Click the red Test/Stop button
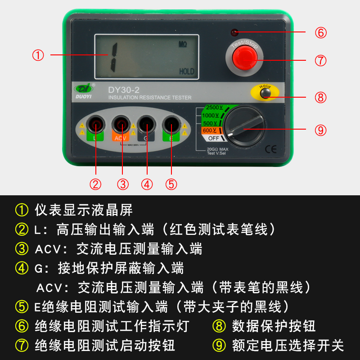click(x=243, y=59)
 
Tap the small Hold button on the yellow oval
click(x=264, y=94)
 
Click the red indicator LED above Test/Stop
click(x=234, y=33)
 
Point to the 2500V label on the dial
click(x=214, y=108)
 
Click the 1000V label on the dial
click(x=211, y=116)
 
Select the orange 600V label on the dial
click(x=210, y=130)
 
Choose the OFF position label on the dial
click(x=213, y=138)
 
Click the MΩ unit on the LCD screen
click(x=183, y=45)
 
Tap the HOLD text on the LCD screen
click(x=187, y=71)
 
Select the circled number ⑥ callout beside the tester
click(x=320, y=33)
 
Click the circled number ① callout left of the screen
click(x=38, y=55)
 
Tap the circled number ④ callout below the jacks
click(x=147, y=184)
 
